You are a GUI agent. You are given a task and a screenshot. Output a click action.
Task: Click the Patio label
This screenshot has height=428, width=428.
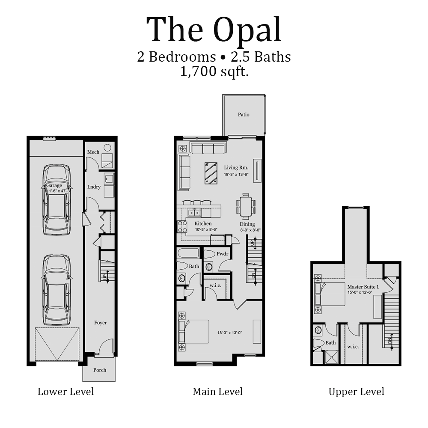[x=244, y=114]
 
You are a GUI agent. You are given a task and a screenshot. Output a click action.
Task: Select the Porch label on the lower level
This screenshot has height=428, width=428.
[x=99, y=370]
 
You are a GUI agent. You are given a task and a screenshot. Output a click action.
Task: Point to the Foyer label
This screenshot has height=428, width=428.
[x=101, y=323]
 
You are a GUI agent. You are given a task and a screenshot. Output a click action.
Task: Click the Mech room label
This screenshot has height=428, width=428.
[x=93, y=152]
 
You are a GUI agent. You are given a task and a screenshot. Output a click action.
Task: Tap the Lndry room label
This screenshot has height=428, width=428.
[x=94, y=187]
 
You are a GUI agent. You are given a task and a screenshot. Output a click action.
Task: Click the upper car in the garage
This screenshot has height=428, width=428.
[x=56, y=199]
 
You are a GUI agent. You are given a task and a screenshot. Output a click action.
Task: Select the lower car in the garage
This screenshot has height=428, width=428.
[x=56, y=289]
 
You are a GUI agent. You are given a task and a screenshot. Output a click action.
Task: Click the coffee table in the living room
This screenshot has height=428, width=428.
[x=211, y=173]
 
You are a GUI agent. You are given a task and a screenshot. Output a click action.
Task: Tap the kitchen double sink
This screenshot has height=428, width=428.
[x=195, y=213]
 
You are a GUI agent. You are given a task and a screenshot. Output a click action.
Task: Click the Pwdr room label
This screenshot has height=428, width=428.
[x=222, y=254]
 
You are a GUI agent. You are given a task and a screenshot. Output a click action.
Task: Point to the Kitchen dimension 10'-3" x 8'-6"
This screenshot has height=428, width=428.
[x=202, y=229]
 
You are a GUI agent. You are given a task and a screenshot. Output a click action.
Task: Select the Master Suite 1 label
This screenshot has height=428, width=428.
[x=363, y=286]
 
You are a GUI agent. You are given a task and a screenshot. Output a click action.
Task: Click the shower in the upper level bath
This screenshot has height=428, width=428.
[x=330, y=357]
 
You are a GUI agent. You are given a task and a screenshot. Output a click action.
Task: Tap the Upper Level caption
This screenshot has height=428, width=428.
[x=356, y=391]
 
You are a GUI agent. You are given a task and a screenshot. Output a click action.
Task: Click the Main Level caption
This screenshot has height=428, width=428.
[x=217, y=391]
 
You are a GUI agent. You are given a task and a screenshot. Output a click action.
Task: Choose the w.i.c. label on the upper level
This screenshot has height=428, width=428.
[x=353, y=346]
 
